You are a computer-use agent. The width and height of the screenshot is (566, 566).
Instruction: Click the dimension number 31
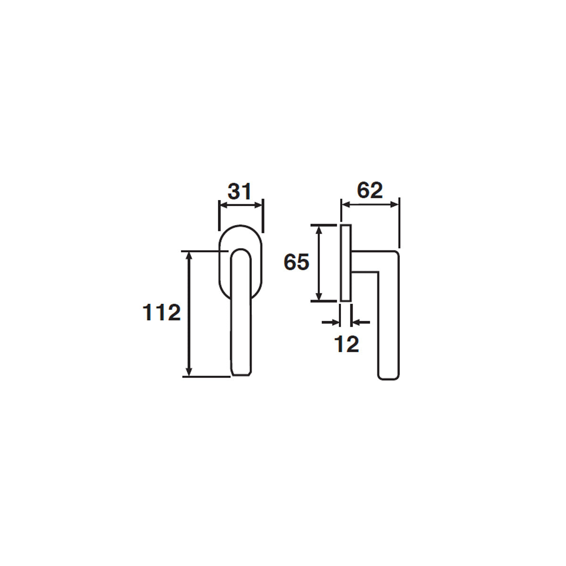point(240,191)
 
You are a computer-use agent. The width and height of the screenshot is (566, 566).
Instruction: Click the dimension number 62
point(370,191)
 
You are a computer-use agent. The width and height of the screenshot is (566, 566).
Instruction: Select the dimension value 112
point(161,313)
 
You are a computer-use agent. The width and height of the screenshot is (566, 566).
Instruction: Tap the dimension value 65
point(296,262)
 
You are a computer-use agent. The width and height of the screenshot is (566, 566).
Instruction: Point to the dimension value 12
point(347,344)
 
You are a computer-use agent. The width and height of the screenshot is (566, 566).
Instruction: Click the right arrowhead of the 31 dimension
point(258,205)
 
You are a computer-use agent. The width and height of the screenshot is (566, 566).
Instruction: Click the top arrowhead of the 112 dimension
point(189,256)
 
